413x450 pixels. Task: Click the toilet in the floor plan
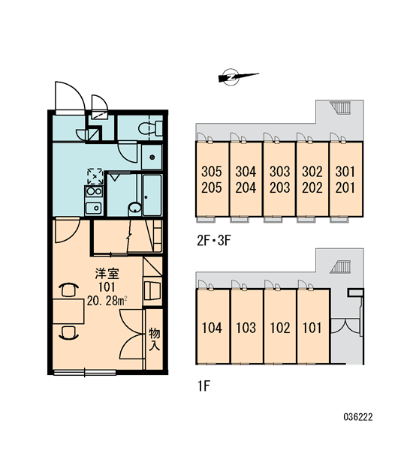point(150,128)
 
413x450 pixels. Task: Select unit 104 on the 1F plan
point(213,326)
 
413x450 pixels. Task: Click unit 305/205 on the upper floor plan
point(212,179)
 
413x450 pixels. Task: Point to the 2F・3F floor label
point(214,241)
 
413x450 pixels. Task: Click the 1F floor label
point(203,386)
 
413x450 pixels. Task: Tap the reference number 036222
point(358,417)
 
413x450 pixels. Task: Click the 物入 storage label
point(155,340)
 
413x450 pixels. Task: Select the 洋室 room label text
point(107,274)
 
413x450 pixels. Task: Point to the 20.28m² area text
point(107,301)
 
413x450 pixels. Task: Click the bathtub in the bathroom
point(152,195)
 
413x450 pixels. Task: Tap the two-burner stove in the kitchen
point(94,191)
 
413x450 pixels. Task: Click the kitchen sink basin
point(93,208)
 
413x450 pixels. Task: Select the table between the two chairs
point(68,311)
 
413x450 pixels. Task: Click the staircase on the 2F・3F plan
point(340,107)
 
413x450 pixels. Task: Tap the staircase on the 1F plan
point(341,267)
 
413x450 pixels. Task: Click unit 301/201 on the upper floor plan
point(345,179)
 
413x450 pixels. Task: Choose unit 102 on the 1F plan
point(280,326)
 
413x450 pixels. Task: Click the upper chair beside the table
point(68,289)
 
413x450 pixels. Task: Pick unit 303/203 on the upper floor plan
point(279,179)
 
